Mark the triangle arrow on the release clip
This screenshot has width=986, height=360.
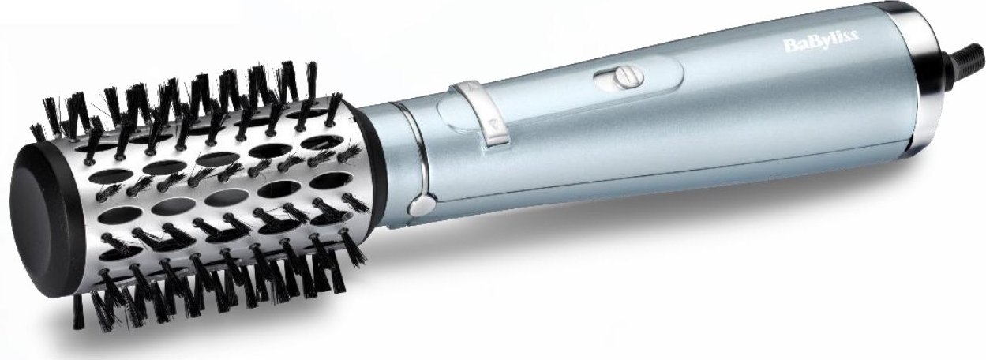(493, 124)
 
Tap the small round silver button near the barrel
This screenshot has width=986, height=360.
(419, 207)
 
